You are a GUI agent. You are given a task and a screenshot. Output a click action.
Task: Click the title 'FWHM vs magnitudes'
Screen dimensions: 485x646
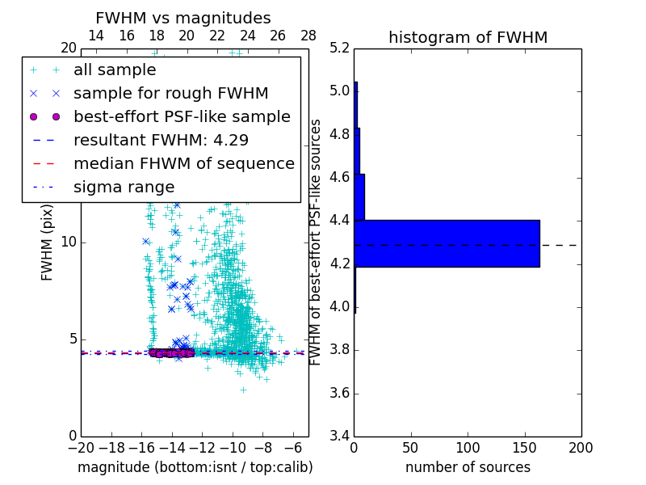coord(183,19)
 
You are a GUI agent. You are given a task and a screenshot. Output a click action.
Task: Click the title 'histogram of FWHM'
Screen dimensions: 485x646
coord(468,37)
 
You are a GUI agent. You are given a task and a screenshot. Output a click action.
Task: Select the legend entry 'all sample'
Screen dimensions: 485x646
coord(115,70)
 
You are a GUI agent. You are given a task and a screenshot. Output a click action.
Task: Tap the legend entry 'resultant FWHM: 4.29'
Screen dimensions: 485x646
coord(161,140)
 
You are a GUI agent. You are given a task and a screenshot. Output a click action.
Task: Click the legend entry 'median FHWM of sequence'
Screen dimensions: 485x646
coord(183,163)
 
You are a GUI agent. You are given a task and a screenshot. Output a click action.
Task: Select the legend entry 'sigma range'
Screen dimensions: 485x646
coord(124,187)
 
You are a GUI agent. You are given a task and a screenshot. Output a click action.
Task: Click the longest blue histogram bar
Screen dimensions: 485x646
coord(447,243)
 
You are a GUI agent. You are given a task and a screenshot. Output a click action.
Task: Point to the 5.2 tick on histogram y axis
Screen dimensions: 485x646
coord(339,48)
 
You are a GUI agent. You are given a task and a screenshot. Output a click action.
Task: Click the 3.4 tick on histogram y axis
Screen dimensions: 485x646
coord(339,436)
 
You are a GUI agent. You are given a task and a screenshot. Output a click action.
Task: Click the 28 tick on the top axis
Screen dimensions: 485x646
coord(308,36)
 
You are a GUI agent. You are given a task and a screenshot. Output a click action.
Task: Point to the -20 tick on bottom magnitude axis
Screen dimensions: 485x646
coord(81,447)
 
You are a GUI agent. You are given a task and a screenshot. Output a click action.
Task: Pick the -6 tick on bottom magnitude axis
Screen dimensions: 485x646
coord(293,447)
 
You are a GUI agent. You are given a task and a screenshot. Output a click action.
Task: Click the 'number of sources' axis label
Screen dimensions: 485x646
coord(468,467)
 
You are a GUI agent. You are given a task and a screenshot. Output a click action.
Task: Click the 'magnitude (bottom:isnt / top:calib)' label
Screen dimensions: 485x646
coord(195,467)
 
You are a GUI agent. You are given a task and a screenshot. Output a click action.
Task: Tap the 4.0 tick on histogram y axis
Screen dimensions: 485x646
coord(339,307)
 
